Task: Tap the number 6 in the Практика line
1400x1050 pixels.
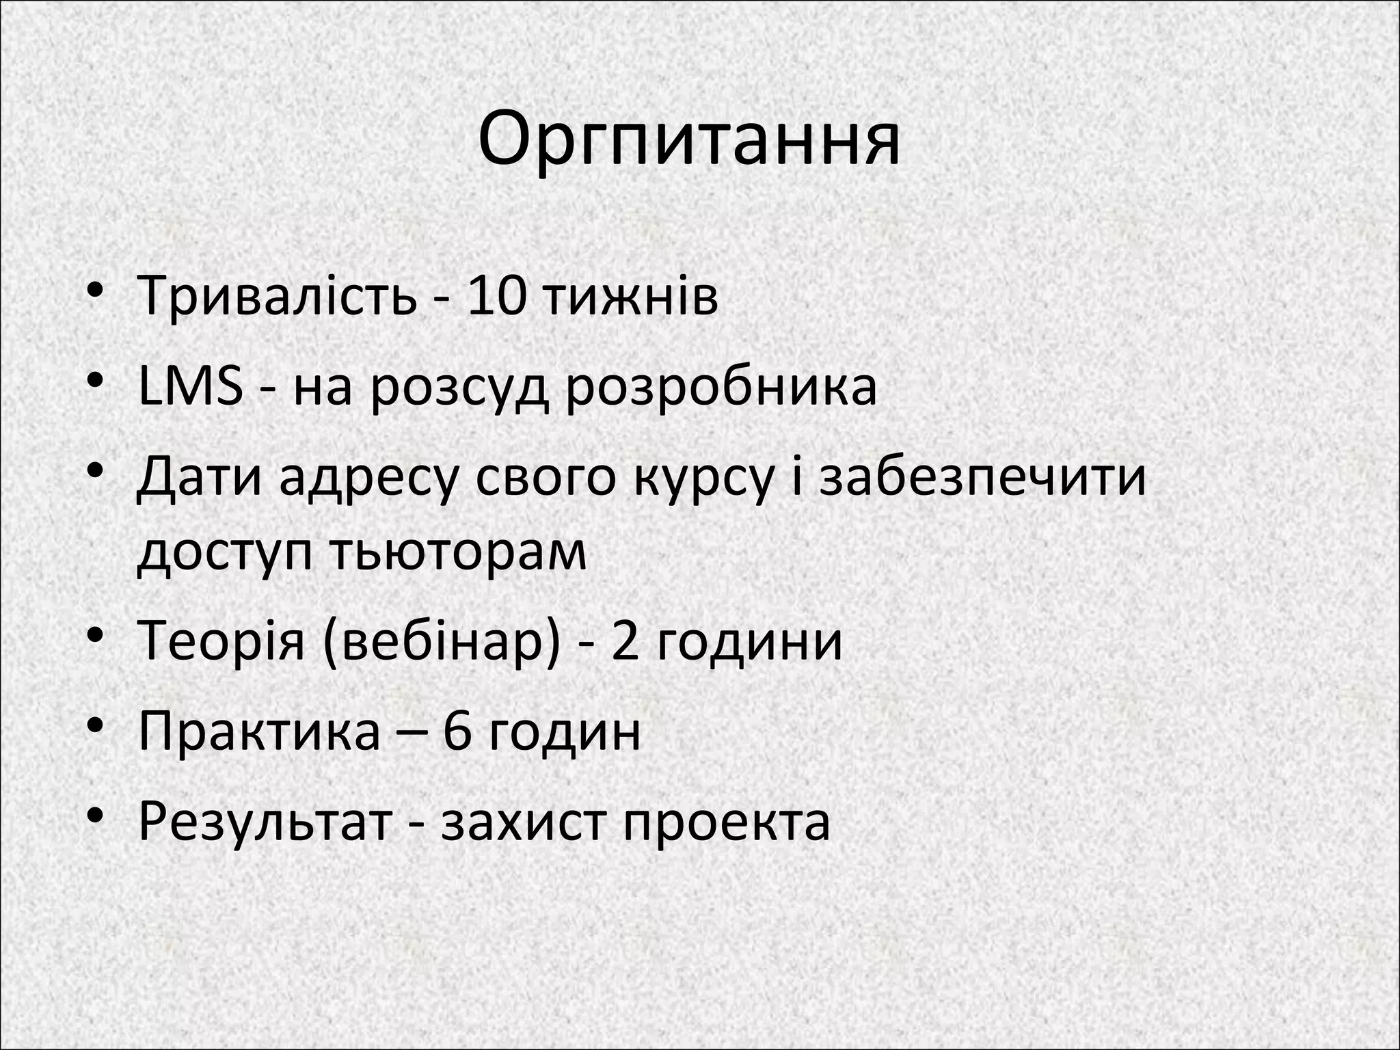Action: pyautogui.click(x=458, y=731)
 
